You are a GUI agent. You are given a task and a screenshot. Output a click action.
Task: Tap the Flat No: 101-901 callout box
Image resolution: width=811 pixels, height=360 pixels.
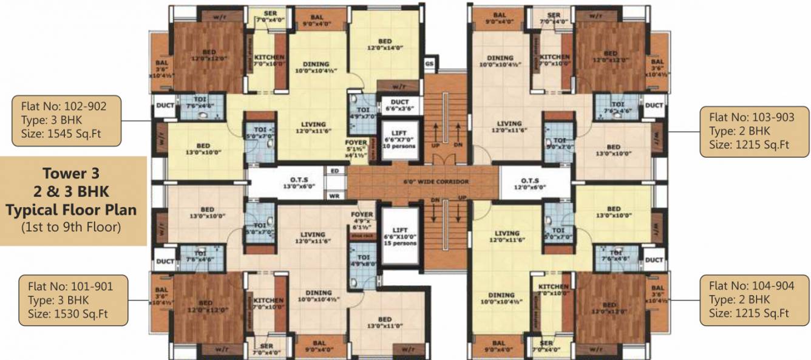pos(71,300)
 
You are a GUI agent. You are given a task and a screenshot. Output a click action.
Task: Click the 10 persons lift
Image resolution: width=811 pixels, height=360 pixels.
pos(400,140)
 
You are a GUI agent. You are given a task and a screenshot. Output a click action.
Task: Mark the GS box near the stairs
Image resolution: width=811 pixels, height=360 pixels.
pos(429,63)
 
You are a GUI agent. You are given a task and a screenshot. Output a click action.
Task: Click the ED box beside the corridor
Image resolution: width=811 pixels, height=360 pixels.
pos(334,171)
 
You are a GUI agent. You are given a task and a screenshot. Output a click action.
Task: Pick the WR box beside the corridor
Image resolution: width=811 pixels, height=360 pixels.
pos(334,195)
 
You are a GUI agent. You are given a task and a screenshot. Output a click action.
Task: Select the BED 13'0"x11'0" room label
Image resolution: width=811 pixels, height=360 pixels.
pos(385,322)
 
